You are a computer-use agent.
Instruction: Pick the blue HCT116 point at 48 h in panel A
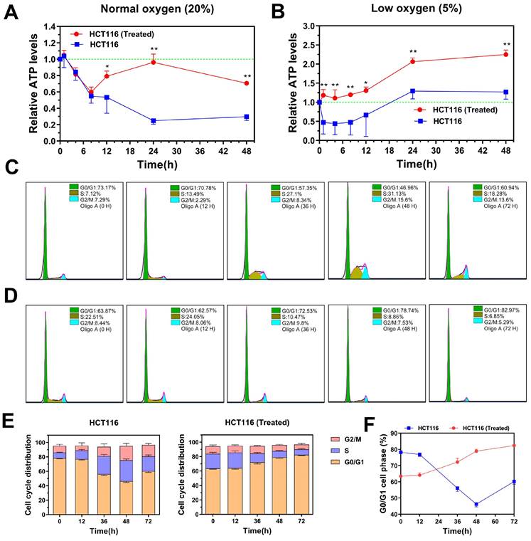click(246, 117)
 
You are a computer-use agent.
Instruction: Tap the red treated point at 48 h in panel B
click(505, 54)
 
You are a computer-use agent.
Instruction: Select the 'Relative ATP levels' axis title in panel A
click(33, 84)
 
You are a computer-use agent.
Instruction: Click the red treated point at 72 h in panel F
click(513, 446)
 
